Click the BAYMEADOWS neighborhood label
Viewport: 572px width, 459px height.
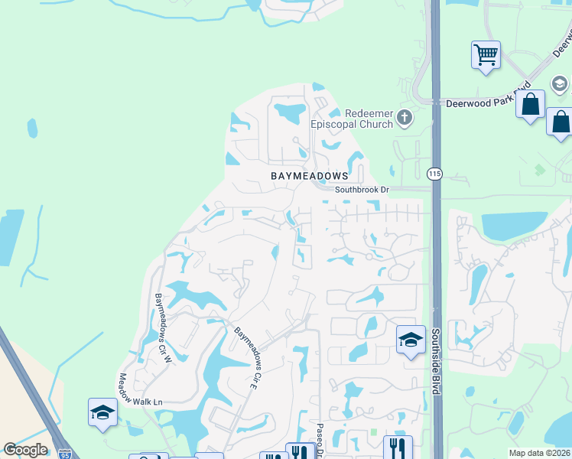click(310, 176)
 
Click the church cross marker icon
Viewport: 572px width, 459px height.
click(405, 118)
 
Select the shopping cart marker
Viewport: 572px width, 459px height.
click(486, 55)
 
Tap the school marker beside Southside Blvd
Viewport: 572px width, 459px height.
click(411, 340)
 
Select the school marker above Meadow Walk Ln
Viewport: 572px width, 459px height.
click(102, 413)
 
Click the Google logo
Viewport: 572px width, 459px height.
click(25, 450)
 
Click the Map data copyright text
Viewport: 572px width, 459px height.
click(540, 453)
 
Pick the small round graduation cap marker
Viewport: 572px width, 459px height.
click(559, 84)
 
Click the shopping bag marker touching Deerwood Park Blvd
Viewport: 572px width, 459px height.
click(530, 104)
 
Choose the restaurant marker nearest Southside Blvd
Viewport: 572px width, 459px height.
click(398, 447)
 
